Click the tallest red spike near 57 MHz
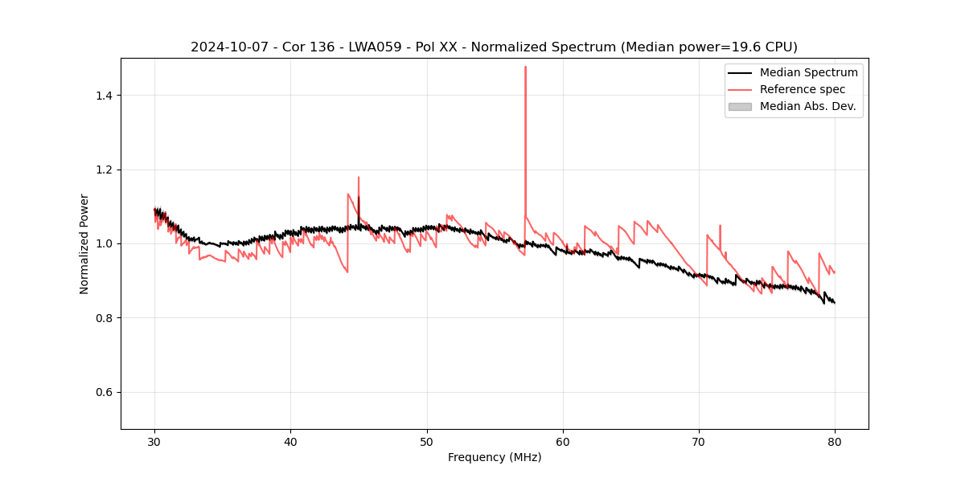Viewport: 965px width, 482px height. (x=525, y=67)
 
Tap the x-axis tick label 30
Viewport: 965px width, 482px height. (x=154, y=441)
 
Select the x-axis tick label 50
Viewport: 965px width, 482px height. (x=426, y=441)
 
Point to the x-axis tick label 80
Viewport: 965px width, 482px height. (x=835, y=441)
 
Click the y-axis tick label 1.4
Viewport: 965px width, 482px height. (x=104, y=96)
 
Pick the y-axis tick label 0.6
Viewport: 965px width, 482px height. (x=104, y=392)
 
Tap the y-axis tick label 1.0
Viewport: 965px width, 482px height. (x=104, y=243)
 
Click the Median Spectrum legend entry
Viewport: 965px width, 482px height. (x=808, y=72)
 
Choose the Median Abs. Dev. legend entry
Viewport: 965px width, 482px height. (x=807, y=106)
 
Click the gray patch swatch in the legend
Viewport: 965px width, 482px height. (x=740, y=106)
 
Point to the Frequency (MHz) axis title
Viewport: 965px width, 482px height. (x=495, y=457)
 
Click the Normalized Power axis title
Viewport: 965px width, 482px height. (x=84, y=243)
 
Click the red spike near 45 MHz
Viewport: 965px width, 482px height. (x=359, y=178)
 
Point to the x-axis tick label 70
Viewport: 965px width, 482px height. (x=699, y=441)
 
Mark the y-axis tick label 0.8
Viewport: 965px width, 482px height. (x=104, y=318)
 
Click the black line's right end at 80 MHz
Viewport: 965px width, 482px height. (x=835, y=303)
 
